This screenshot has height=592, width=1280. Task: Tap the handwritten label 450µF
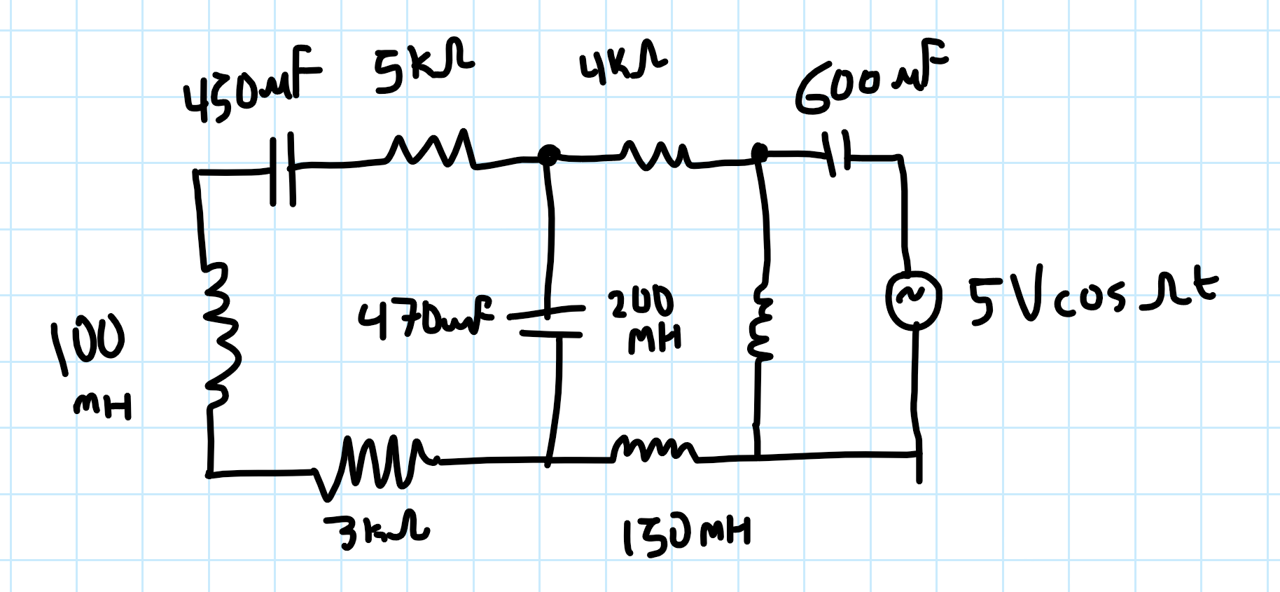click(250, 87)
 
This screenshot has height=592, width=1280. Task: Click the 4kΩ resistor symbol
click(655, 156)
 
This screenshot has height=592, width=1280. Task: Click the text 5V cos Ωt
click(1092, 297)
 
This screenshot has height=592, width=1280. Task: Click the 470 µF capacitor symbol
click(550, 322)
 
